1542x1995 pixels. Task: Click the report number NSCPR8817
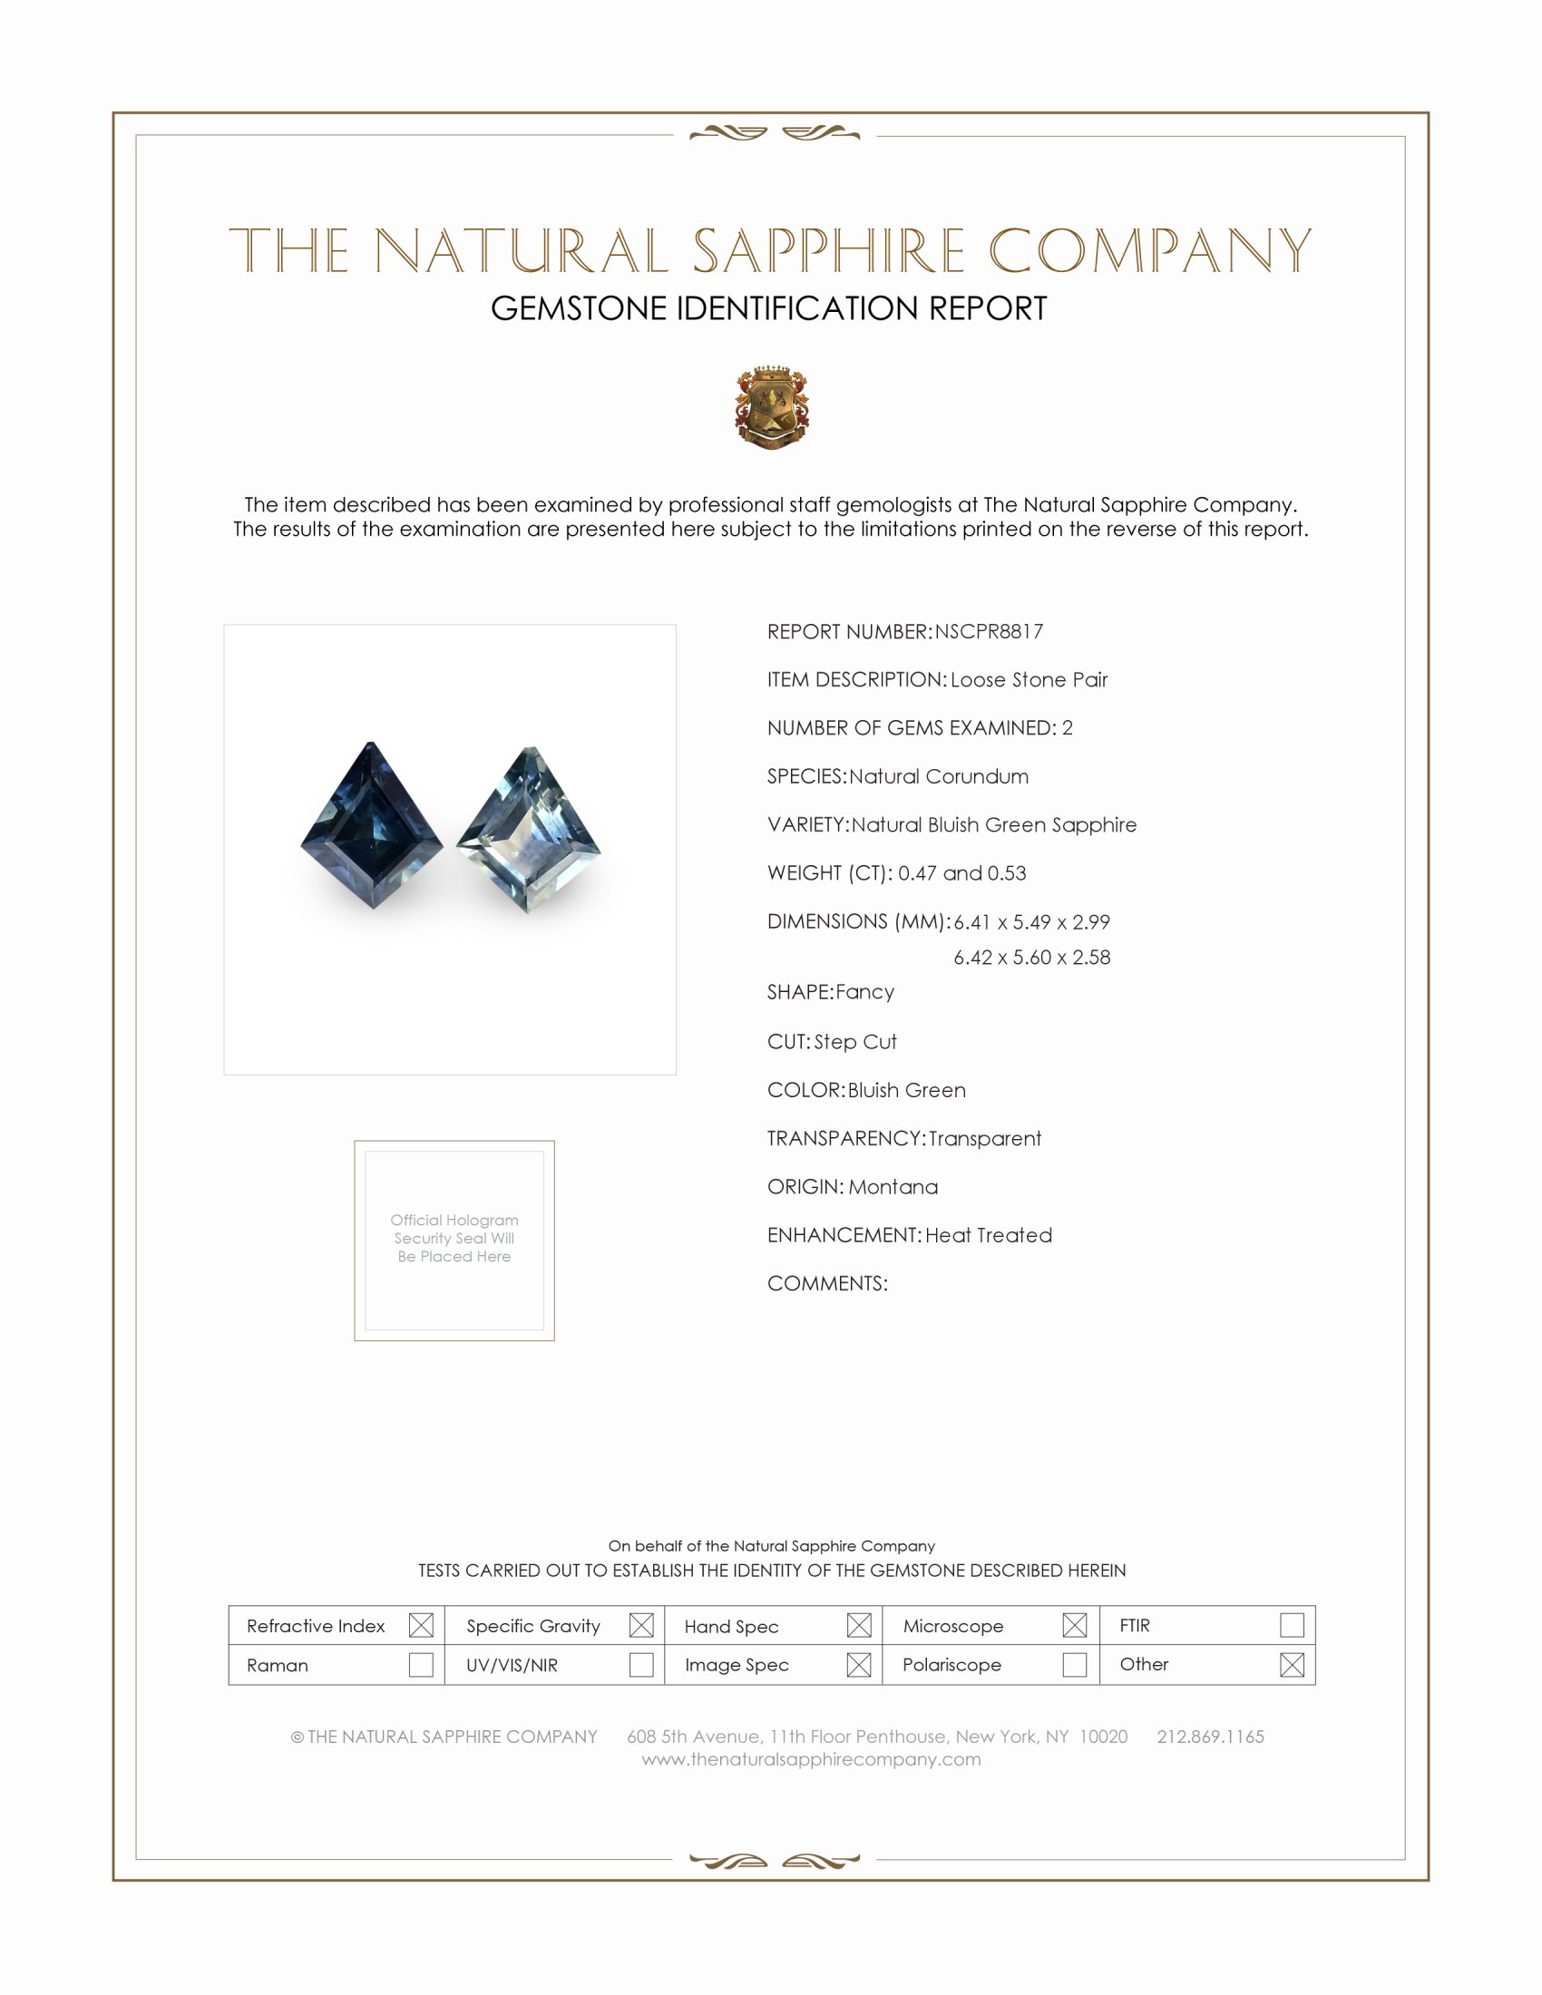tap(989, 631)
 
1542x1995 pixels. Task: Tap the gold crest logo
tap(772, 407)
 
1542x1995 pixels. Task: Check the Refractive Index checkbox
tap(421, 1625)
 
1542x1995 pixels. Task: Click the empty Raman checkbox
tap(421, 1664)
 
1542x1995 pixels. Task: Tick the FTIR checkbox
tap(1292, 1625)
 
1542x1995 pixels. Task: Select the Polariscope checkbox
tap(1074, 1664)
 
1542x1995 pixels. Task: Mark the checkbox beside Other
tap(1292, 1664)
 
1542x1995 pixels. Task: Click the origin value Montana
tap(893, 1187)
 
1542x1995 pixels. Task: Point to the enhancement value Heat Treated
tap(989, 1235)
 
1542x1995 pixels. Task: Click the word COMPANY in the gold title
tap(1149, 251)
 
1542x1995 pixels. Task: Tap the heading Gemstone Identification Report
tap(769, 308)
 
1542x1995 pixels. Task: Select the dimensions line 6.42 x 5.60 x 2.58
tap(1031, 958)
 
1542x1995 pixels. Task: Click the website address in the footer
tap(811, 1759)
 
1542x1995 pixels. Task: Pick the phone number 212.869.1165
tap(1210, 1737)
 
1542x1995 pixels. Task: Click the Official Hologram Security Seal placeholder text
tap(454, 1238)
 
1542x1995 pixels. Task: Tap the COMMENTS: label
tap(826, 1283)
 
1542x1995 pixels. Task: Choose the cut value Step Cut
tap(855, 1041)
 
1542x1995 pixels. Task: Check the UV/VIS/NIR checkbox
tap(641, 1664)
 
